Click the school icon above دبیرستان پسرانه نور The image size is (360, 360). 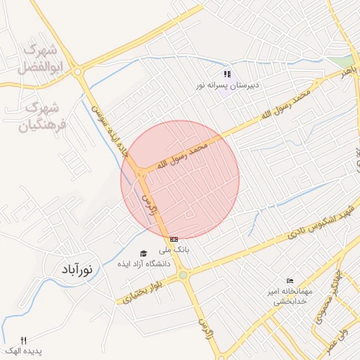(227, 74)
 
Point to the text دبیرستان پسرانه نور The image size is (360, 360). (227, 85)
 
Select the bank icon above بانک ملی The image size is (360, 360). (174, 240)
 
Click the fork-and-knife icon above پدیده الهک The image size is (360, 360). (23, 340)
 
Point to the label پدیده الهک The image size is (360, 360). (24, 350)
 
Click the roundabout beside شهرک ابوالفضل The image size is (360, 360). (77, 71)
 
